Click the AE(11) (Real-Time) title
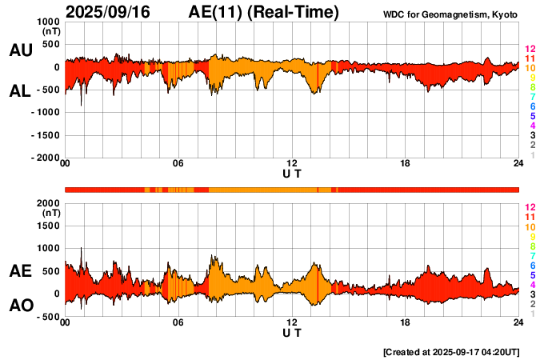(264, 12)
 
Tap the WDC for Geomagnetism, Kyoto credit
(450, 13)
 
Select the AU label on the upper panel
(20, 50)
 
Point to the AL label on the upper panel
(20, 91)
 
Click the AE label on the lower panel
(20, 271)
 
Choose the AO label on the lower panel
(20, 306)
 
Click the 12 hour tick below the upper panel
(292, 164)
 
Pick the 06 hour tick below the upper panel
(178, 164)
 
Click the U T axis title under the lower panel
(292, 333)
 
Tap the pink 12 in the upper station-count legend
(529, 50)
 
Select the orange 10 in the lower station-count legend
(529, 227)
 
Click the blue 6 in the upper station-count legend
(531, 106)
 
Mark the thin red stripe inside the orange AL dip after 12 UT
(318, 78)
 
